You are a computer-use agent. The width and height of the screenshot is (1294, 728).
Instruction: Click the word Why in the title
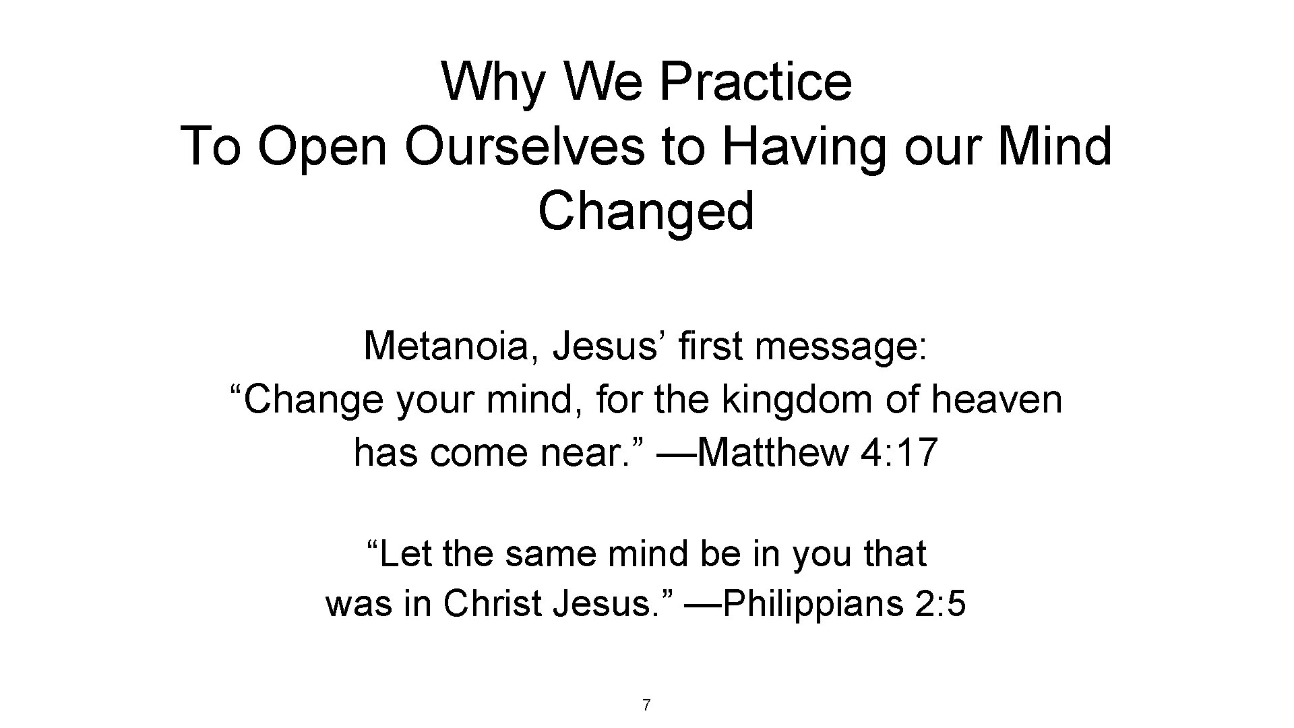[493, 82]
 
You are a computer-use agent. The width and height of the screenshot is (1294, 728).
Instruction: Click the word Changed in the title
[646, 210]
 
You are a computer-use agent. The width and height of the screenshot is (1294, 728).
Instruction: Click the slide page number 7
[646, 706]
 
